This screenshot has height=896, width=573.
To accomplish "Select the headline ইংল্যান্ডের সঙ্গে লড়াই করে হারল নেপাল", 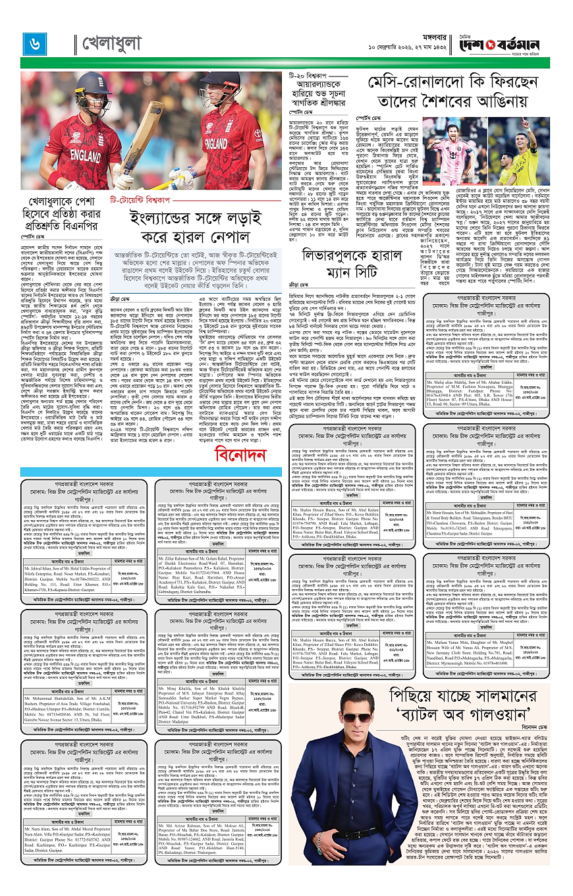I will click(198, 227).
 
